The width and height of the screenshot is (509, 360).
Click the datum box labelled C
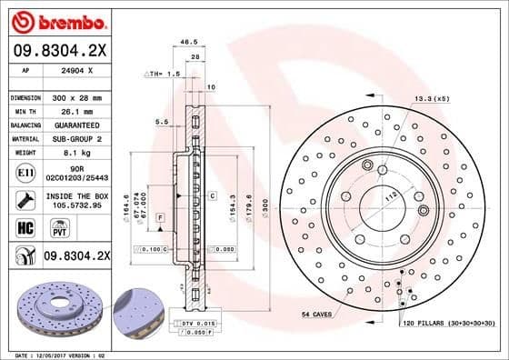point(211,195)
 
